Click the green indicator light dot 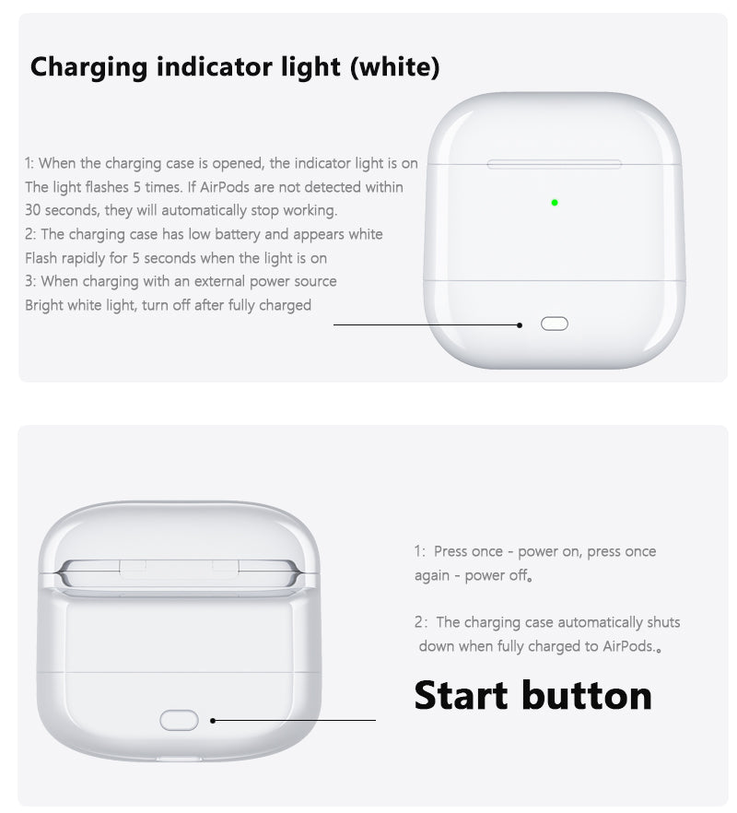click(555, 203)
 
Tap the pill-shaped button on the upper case click(554, 324)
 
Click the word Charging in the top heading click(89, 68)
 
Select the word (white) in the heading click(395, 67)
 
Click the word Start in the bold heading click(462, 695)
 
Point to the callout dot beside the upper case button click(520, 325)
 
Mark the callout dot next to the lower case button click(213, 720)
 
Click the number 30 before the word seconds click(32, 210)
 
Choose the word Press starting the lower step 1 click(453, 551)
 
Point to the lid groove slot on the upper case click(554, 164)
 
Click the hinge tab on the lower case click(180, 568)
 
